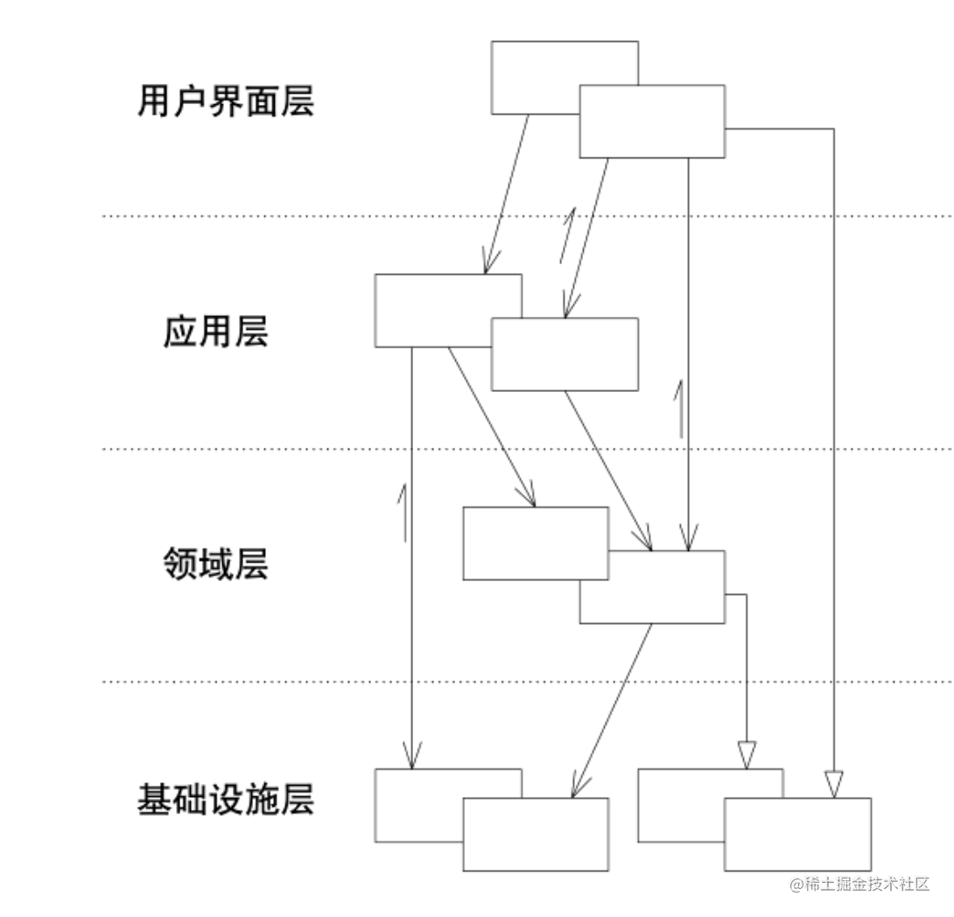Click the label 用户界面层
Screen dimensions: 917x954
pyautogui.click(x=226, y=102)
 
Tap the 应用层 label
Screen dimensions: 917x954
pyautogui.click(x=215, y=333)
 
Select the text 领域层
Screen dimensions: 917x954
pyautogui.click(x=215, y=564)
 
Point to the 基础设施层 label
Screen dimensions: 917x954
pyautogui.click(x=226, y=799)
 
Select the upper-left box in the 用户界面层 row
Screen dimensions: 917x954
pyautogui.click(x=534, y=74)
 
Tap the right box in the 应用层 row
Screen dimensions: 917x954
pyautogui.click(x=565, y=354)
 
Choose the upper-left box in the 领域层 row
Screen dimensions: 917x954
pyautogui.click(x=534, y=542)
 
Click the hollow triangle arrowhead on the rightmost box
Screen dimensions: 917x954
pyautogui.click(x=832, y=784)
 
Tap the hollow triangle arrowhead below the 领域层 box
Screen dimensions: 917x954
pyautogui.click(x=746, y=753)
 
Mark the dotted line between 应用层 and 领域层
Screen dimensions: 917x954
pyautogui.click(x=263, y=449)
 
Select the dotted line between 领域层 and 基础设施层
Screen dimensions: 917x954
pyautogui.click(x=263, y=681)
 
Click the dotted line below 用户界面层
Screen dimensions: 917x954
pyautogui.click(x=263, y=215)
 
